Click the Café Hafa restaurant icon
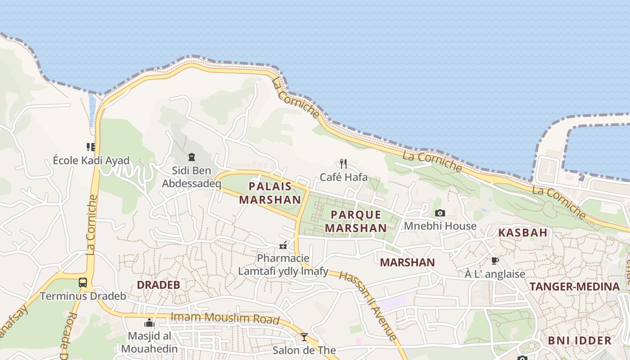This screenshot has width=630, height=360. click(x=343, y=163)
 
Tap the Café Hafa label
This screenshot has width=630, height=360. click(x=343, y=177)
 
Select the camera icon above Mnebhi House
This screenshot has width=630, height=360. click(x=440, y=213)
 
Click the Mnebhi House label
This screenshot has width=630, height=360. click(x=440, y=226)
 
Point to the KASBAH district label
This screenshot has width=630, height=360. click(x=522, y=233)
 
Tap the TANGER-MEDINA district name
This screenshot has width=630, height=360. click(x=574, y=287)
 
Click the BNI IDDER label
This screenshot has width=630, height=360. click(x=580, y=340)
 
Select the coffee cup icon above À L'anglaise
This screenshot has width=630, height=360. click(x=495, y=261)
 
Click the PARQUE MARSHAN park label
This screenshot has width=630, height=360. click(x=355, y=221)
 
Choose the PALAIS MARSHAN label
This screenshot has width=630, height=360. click(x=270, y=193)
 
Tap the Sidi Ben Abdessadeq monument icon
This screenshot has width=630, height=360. click(x=192, y=157)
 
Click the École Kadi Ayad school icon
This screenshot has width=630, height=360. click(x=91, y=147)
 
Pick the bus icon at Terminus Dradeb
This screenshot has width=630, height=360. click(x=83, y=283)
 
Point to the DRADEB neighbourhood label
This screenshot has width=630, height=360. click(x=158, y=285)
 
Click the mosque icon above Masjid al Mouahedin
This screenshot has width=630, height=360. click(x=149, y=323)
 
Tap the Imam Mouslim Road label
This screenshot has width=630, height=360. click(x=225, y=318)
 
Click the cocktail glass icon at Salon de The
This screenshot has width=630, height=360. click(x=305, y=337)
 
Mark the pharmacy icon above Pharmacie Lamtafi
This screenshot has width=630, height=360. click(x=283, y=245)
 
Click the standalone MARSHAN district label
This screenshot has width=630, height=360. click(x=407, y=262)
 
